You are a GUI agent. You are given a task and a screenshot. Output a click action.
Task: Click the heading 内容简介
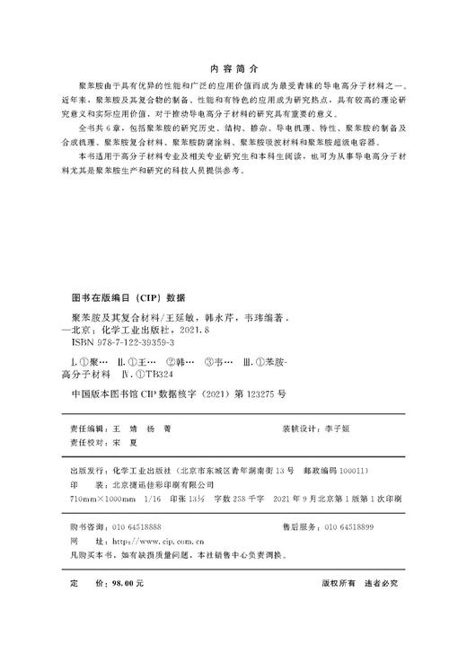pos(233,68)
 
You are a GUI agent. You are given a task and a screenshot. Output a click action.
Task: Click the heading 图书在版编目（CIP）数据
pos(127,296)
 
